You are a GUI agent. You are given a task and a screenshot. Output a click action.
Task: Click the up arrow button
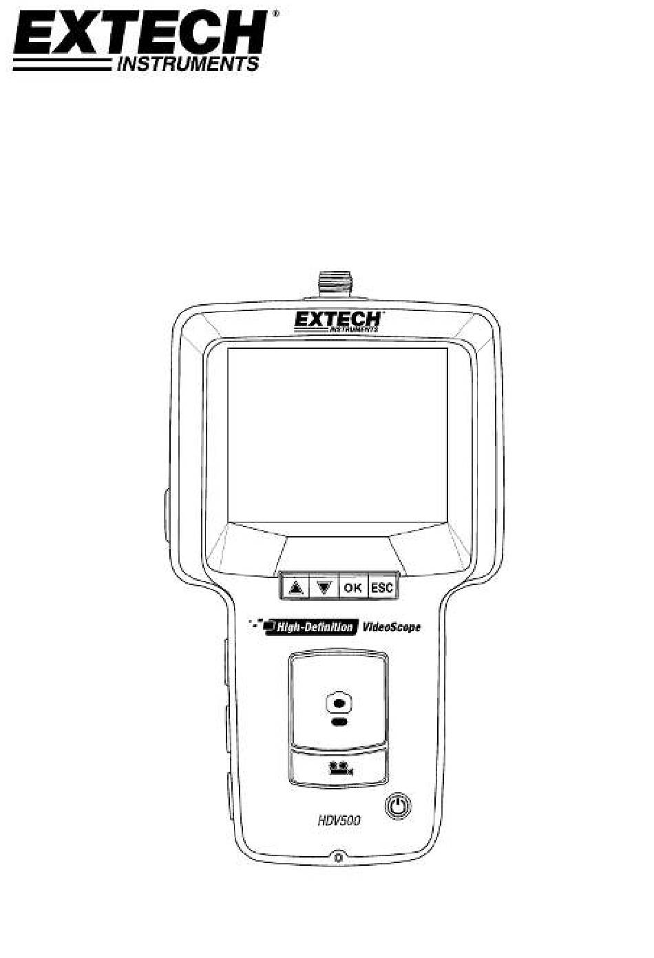(294, 588)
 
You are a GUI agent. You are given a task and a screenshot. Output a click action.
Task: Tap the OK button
(353, 588)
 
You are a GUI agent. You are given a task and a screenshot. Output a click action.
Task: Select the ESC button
(382, 588)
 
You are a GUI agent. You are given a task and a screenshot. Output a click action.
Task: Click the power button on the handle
(399, 807)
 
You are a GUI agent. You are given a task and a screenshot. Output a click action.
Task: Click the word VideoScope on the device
(392, 628)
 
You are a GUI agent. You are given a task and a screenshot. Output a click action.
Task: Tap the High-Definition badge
(312, 628)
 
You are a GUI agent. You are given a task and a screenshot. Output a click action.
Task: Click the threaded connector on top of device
(336, 285)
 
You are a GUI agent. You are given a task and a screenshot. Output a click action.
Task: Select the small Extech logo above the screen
(337, 321)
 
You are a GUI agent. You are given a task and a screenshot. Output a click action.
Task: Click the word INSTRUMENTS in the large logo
(188, 64)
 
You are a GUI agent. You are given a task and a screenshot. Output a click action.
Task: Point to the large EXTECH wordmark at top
(140, 32)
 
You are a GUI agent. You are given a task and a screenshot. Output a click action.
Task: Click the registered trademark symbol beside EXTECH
(276, 13)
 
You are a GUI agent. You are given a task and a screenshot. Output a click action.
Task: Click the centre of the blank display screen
(337, 435)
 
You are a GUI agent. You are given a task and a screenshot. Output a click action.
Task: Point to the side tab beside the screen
(167, 516)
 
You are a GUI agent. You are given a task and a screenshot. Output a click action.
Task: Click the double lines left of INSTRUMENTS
(63, 64)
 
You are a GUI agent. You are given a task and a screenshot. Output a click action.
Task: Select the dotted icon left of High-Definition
(256, 624)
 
